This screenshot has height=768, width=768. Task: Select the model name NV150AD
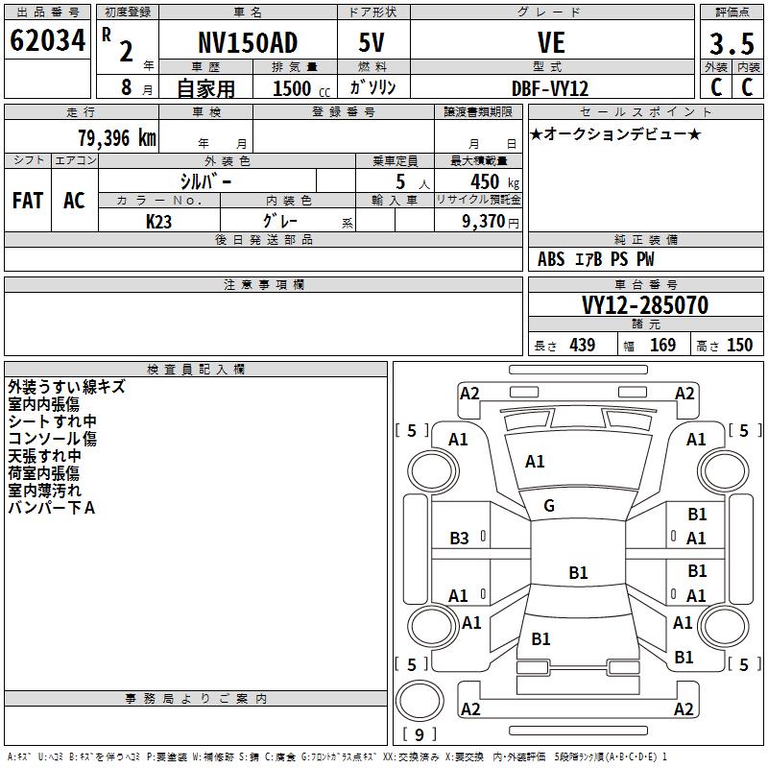[247, 42]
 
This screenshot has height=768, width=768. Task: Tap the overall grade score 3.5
[730, 45]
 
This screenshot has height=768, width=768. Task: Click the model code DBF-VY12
[550, 87]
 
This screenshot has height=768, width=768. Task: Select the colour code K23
[158, 220]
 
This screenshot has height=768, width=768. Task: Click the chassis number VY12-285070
[645, 306]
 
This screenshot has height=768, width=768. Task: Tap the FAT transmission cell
[28, 201]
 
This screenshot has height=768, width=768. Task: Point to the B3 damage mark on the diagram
[460, 539]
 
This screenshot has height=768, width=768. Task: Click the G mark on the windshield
[549, 506]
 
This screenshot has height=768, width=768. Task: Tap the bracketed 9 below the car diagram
[419, 734]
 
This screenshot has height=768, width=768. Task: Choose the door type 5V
[372, 42]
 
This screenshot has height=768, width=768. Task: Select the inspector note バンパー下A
[52, 508]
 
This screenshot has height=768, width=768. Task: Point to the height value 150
[739, 346]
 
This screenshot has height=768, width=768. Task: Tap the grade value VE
[551, 43]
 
